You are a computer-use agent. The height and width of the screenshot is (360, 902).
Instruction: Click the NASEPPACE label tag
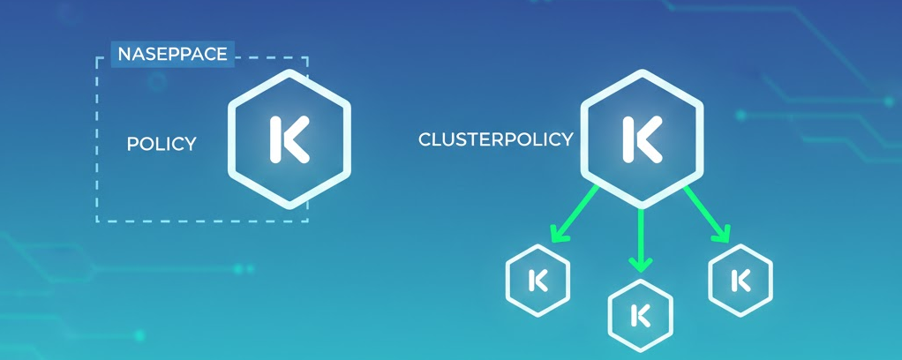(x=172, y=54)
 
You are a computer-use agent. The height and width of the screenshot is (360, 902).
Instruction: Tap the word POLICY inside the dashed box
(x=162, y=144)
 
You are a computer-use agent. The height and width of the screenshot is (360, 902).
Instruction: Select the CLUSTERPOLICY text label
(x=495, y=139)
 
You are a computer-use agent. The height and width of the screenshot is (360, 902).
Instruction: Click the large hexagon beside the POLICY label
(x=289, y=139)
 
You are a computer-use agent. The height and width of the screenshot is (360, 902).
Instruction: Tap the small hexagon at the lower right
(x=740, y=280)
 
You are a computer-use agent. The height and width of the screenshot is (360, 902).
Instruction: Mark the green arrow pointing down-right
(x=707, y=213)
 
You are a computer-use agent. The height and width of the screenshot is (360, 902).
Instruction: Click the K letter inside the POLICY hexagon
(x=289, y=139)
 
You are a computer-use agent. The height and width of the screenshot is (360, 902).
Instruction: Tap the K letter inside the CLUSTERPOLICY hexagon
(x=642, y=138)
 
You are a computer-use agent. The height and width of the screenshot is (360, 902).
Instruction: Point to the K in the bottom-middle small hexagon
(x=641, y=315)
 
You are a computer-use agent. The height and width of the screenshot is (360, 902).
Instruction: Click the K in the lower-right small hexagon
(x=740, y=280)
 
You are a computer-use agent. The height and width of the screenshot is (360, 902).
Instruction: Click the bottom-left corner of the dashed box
(x=97, y=221)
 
